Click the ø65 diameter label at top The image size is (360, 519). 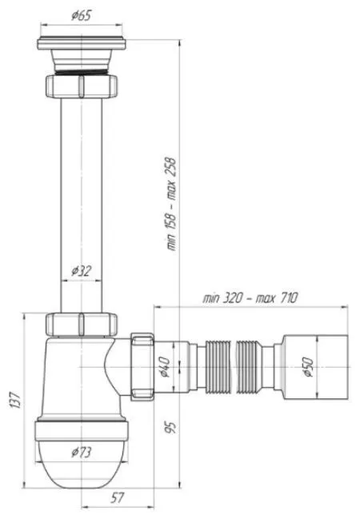(x=81, y=15)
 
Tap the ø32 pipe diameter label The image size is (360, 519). (x=81, y=271)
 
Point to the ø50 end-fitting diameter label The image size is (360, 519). (x=308, y=367)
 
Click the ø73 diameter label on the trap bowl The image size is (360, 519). (x=81, y=452)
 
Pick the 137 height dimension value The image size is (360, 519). (x=16, y=400)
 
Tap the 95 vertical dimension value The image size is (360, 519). (x=170, y=427)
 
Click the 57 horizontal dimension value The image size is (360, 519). (x=117, y=497)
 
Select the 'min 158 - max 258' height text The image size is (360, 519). (x=171, y=204)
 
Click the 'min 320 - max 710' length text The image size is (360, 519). (x=250, y=298)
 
